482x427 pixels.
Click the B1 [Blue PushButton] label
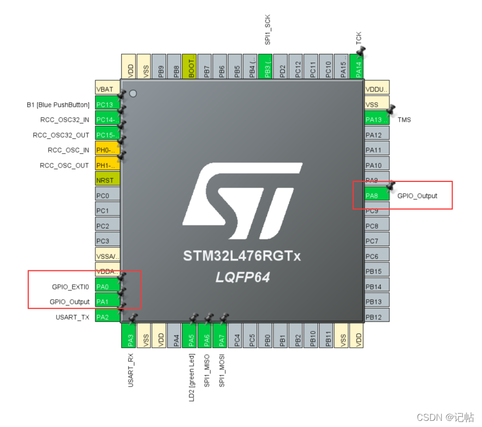click(x=58, y=105)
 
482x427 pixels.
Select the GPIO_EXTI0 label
click(x=70, y=287)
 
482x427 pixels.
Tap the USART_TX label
click(x=73, y=317)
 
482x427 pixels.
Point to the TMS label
click(x=404, y=120)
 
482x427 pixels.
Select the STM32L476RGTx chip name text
click(x=242, y=255)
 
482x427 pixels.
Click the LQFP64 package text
click(x=242, y=277)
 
